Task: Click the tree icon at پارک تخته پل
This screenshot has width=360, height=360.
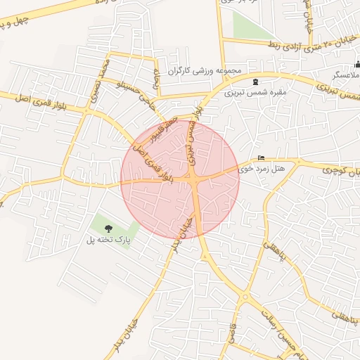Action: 108,229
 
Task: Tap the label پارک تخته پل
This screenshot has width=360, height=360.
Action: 108,240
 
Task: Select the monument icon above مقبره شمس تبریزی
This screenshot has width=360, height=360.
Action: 255,82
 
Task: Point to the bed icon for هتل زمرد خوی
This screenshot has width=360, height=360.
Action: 262,157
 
